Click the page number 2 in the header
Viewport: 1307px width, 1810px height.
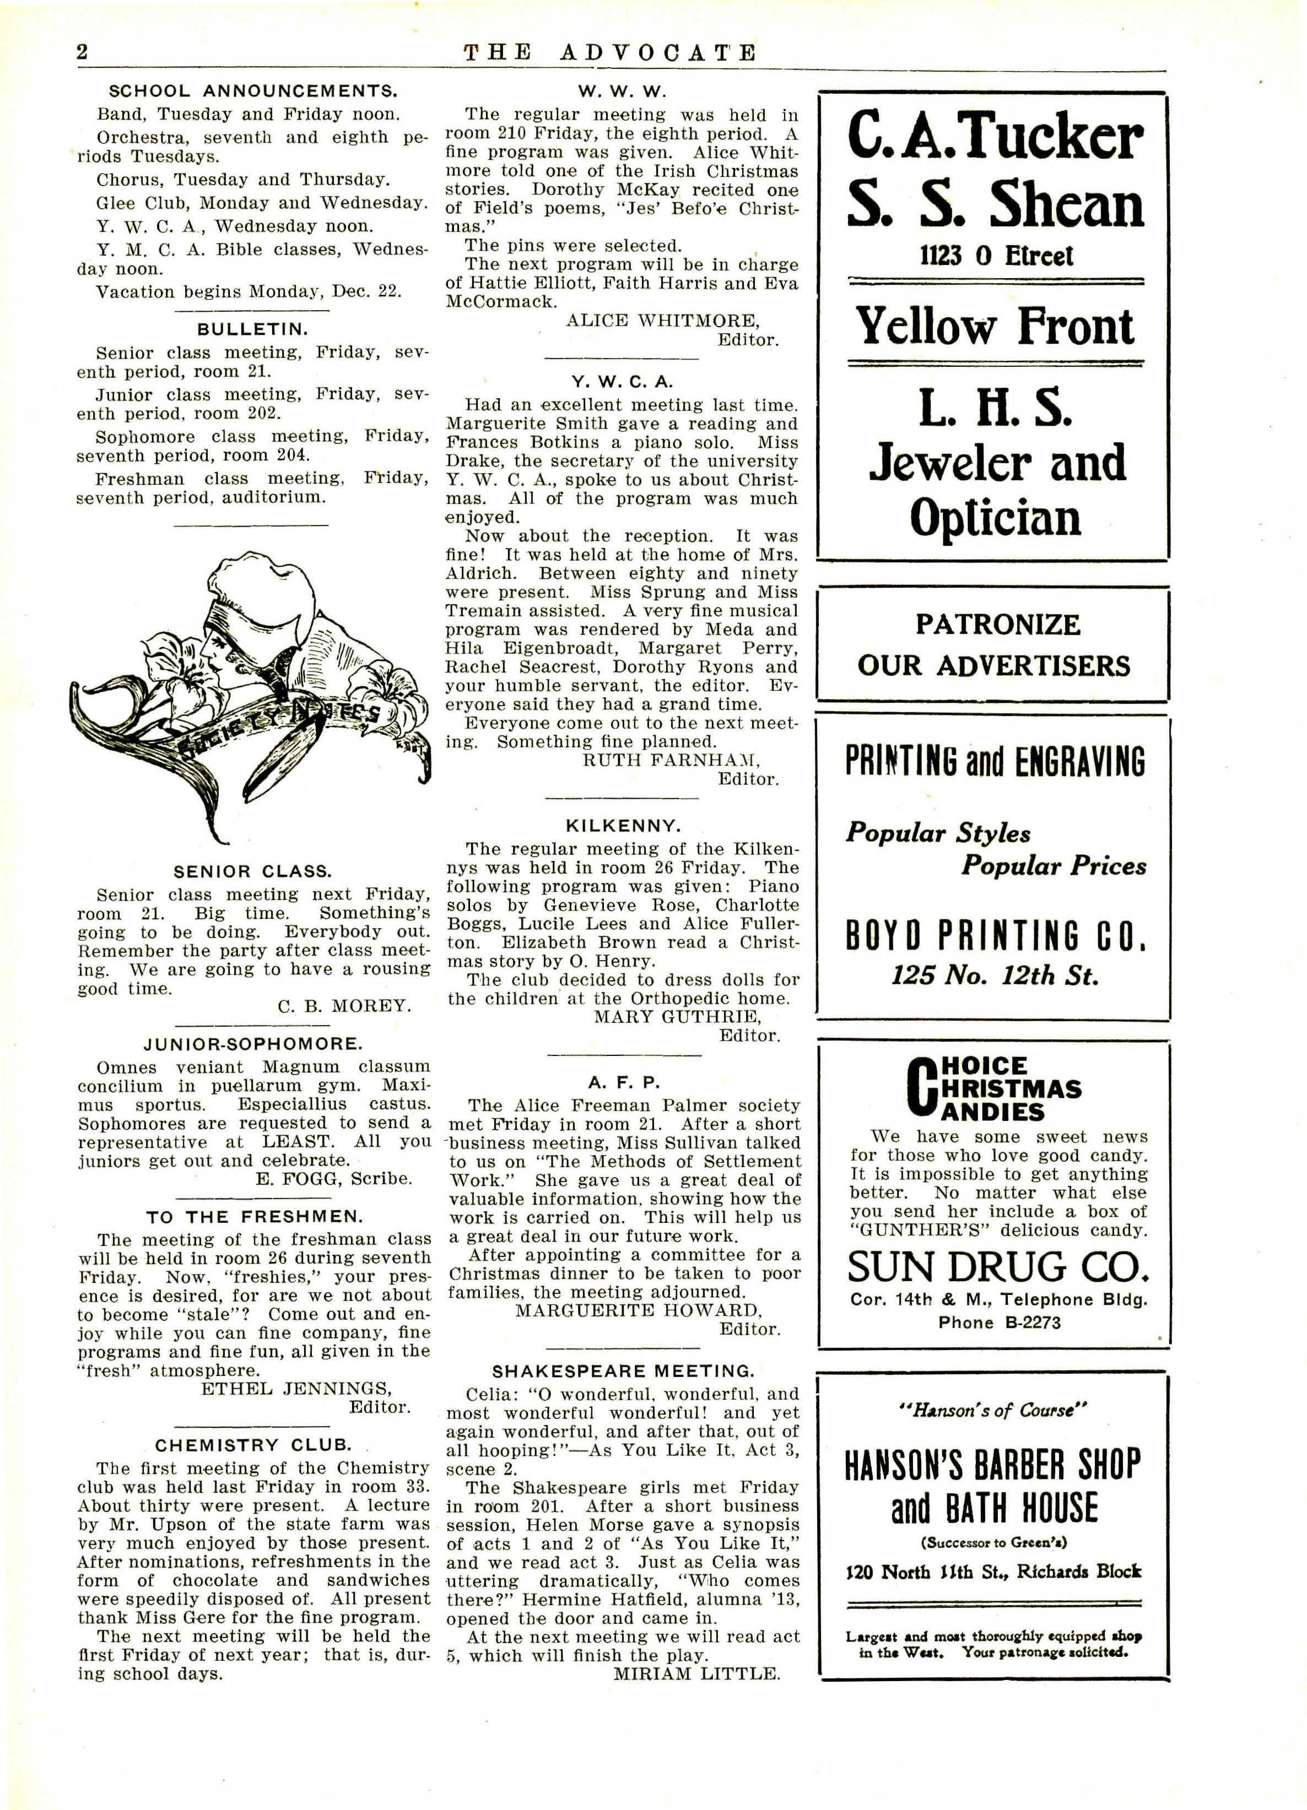pyautogui.click(x=82, y=53)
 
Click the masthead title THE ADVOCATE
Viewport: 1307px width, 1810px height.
pyautogui.click(x=610, y=53)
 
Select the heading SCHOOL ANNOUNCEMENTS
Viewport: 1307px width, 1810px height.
pyautogui.click(x=253, y=91)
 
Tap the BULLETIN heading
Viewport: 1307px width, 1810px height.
pyautogui.click(x=252, y=329)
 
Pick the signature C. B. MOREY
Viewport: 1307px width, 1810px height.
pyautogui.click(x=344, y=1006)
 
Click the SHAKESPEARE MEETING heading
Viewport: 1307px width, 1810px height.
pyautogui.click(x=623, y=1371)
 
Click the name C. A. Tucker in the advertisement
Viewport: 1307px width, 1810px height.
pyautogui.click(x=995, y=138)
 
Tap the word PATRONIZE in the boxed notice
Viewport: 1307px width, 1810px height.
pyautogui.click(x=997, y=624)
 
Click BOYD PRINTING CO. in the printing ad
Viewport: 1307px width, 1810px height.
pyautogui.click(x=995, y=935)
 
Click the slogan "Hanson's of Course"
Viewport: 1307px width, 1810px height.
pyautogui.click(x=995, y=1411)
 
